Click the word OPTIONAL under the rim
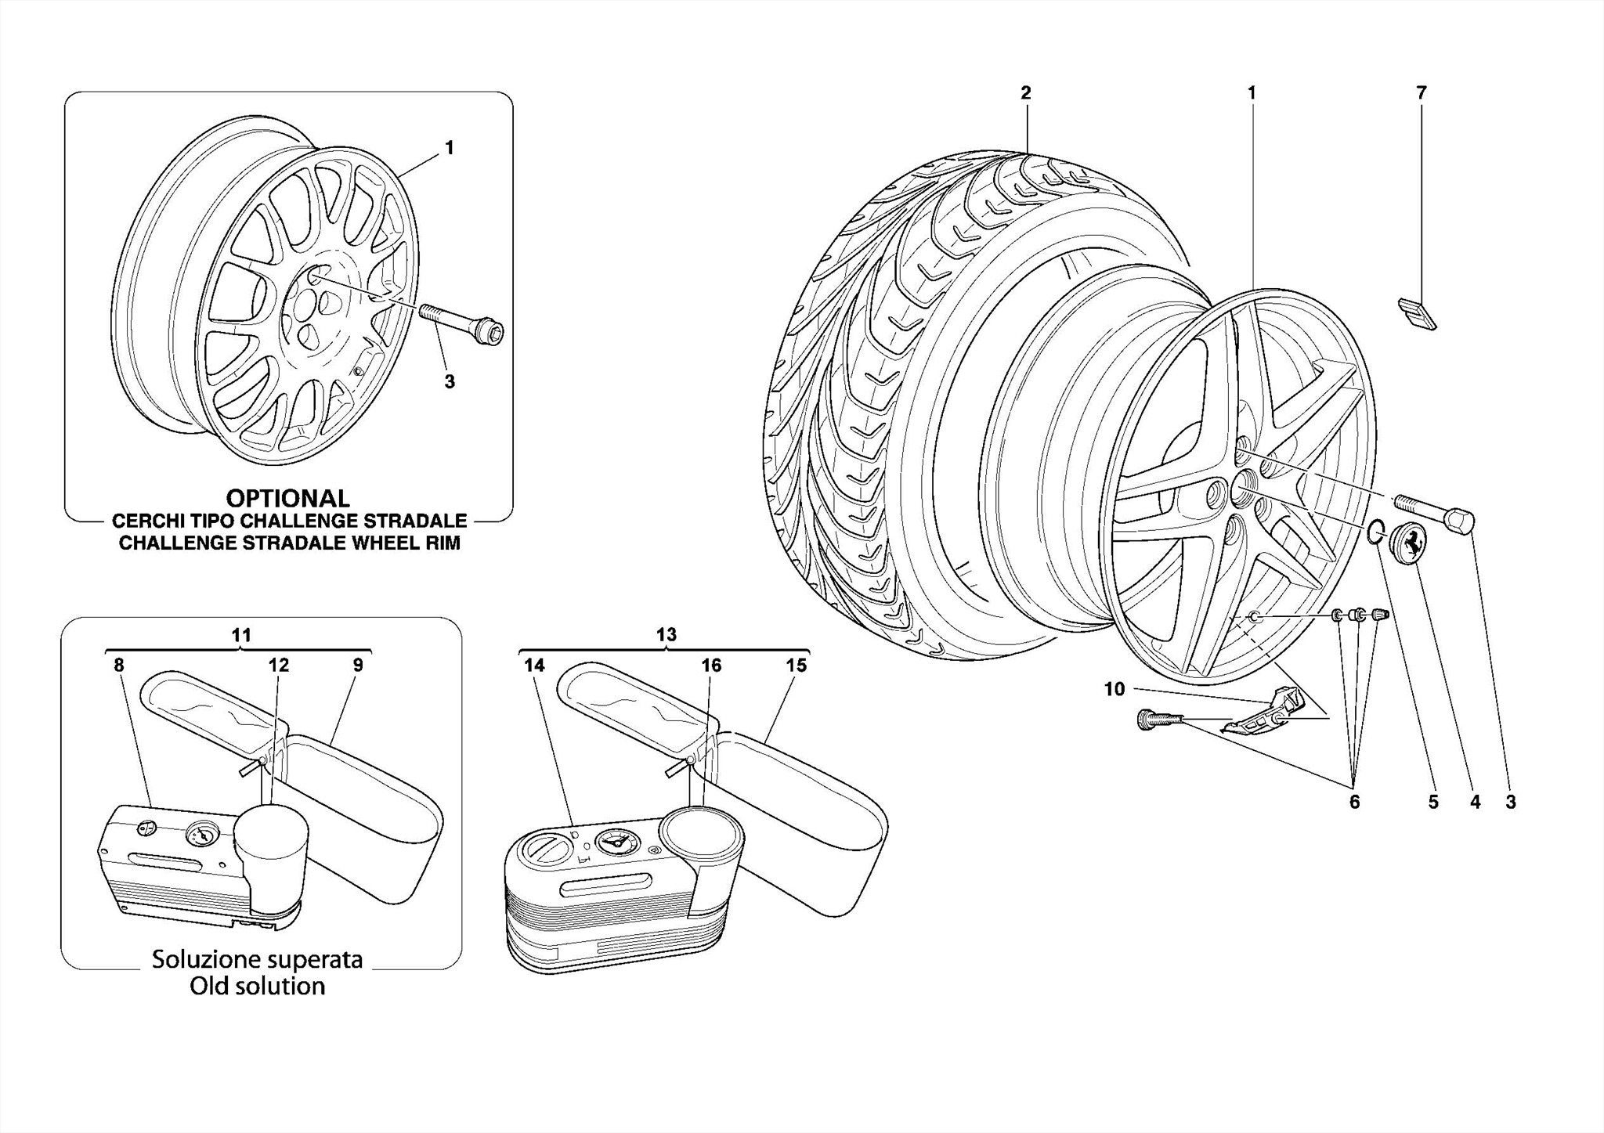tap(287, 498)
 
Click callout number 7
tap(1422, 92)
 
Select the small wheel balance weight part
tap(1417, 313)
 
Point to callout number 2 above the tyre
tap(1026, 92)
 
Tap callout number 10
tap(1114, 689)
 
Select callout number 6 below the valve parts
tap(1354, 802)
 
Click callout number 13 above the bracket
tap(666, 634)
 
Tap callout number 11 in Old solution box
tap(241, 635)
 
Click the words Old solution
tap(257, 986)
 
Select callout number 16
tap(710, 666)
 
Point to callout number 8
tap(118, 666)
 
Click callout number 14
tap(534, 666)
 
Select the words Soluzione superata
tap(257, 959)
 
